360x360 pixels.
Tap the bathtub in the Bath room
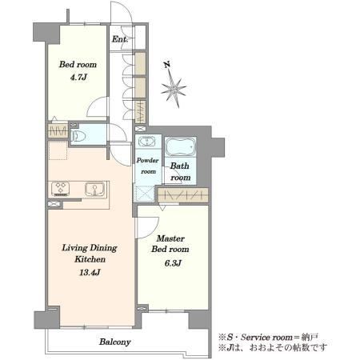[180, 146]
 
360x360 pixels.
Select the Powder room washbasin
[146, 141]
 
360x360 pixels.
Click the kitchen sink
[94, 189]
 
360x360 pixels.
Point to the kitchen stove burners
[61, 188]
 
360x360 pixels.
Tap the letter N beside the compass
[167, 65]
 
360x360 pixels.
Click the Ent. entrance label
[120, 39]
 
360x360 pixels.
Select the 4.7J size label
[78, 78]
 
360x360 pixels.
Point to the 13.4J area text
[90, 272]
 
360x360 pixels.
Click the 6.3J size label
[173, 263]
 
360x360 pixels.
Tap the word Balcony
[115, 342]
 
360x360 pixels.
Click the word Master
[170, 238]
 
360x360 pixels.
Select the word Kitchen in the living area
[90, 259]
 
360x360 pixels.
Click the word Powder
[147, 160]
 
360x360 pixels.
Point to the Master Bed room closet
[182, 195]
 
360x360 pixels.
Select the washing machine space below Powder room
[144, 193]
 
